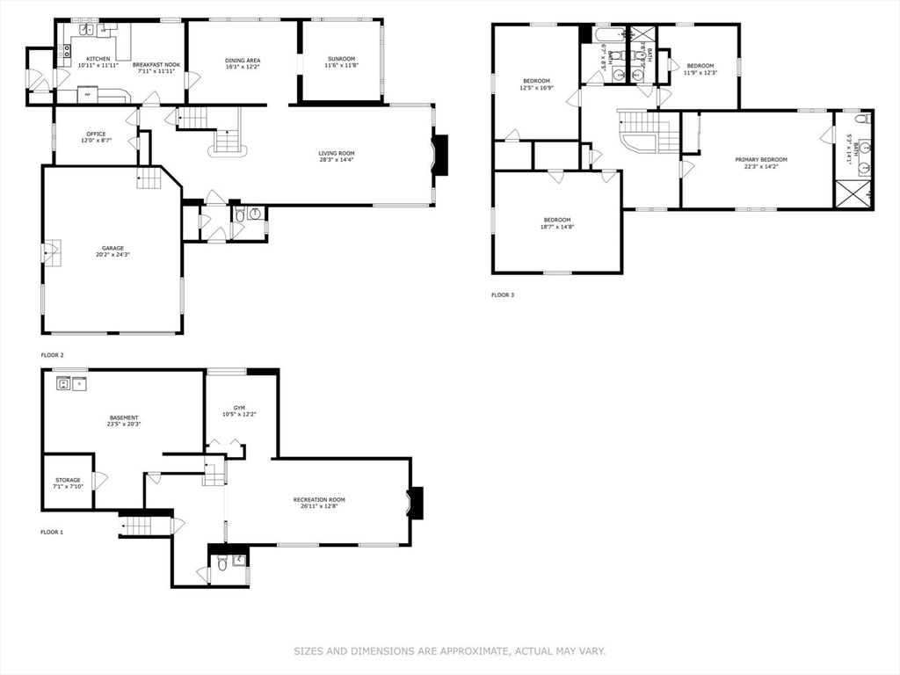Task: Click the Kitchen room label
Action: [x=98, y=59]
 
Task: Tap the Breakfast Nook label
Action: [x=156, y=65]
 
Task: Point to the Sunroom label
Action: [x=341, y=59]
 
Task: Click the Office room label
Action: [x=96, y=134]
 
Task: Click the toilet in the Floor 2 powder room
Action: [x=240, y=214]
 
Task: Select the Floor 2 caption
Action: [x=53, y=355]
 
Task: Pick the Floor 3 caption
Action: [x=503, y=295]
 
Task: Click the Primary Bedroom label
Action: [x=761, y=159]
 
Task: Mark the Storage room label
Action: [x=68, y=480]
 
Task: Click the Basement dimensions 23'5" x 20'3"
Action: [x=124, y=424]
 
